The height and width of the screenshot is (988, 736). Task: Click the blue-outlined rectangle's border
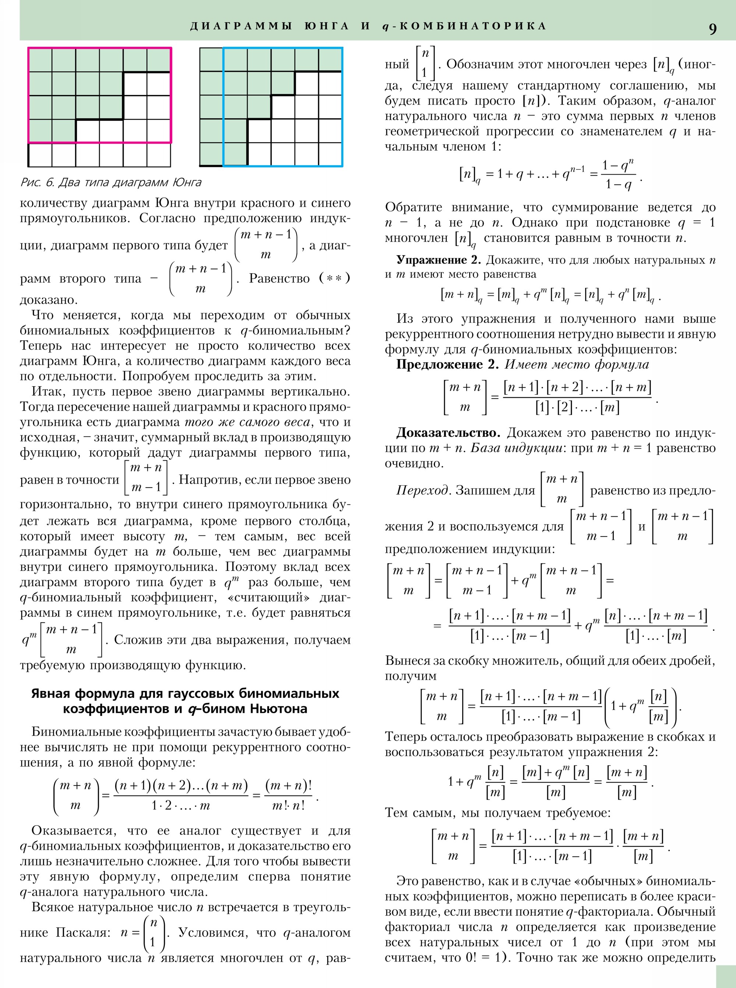point(342,107)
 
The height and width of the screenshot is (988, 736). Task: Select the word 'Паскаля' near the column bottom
point(83,932)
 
